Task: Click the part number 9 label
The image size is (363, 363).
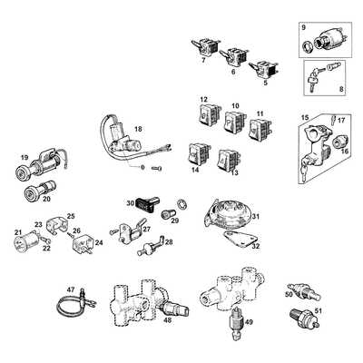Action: [304, 27]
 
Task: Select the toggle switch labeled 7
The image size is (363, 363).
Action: [205, 46]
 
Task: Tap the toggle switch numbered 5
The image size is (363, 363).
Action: [264, 69]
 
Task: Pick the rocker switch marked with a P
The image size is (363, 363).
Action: [234, 122]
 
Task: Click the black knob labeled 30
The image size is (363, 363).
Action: [147, 201]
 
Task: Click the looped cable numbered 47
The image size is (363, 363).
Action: [75, 303]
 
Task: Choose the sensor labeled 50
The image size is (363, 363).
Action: [304, 292]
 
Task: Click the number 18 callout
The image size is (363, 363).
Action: [138, 129]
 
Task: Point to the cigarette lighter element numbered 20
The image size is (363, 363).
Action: [39, 188]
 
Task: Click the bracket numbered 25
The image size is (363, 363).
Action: [56, 226]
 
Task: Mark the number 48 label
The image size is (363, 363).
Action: [167, 319]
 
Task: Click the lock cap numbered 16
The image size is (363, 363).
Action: [340, 142]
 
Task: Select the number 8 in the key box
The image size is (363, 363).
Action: [341, 89]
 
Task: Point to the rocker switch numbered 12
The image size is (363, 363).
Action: [209, 114]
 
